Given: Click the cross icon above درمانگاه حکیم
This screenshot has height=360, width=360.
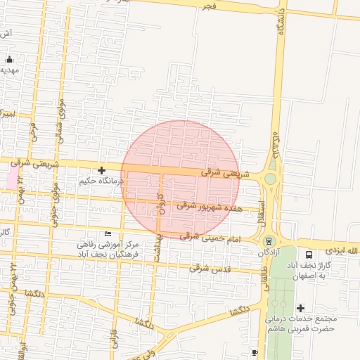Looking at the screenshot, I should pyautogui.click(x=102, y=170).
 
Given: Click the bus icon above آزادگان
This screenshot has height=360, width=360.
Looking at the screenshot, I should pyautogui.click(x=268, y=243).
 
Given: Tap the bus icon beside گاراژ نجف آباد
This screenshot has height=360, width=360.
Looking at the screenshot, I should pyautogui.click(x=309, y=255).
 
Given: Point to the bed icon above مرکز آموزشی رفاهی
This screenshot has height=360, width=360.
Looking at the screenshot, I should pyautogui.click(x=108, y=233).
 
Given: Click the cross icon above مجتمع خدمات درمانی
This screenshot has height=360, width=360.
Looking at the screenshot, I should pyautogui.click(x=301, y=308).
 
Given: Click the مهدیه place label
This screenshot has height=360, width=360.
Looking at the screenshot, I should pyautogui.click(x=9, y=70).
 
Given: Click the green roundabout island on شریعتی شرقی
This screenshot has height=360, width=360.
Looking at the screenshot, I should pyautogui.click(x=270, y=179).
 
